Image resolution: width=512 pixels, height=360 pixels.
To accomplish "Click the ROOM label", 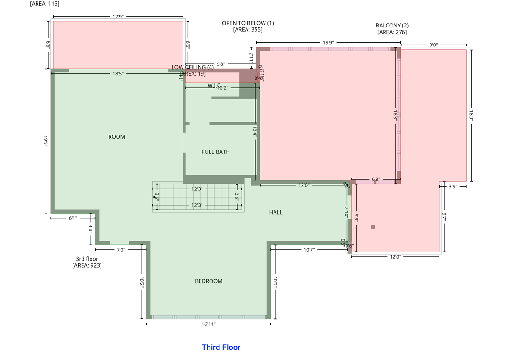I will tap(117, 137).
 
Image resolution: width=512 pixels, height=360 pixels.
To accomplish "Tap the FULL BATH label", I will tap(216, 152).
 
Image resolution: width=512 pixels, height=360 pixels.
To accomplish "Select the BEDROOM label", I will tap(209, 281).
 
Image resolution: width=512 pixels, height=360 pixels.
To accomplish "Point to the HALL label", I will tap(276, 212).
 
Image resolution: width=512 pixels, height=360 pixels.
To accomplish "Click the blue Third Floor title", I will tap(221, 347).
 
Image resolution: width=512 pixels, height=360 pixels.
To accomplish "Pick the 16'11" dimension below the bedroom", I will tap(209, 324).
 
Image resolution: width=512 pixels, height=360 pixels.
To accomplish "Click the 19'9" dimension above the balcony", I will tap(329, 43).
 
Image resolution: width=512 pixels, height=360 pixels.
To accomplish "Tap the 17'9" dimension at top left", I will tap(118, 17).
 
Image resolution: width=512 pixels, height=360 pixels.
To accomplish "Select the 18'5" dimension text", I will tap(118, 74).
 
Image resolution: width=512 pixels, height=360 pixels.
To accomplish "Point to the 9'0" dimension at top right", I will tap(433, 45).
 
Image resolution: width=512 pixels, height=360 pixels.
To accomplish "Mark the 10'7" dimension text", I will tap(309, 249).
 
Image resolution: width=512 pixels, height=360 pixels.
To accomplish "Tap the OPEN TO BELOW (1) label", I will tap(247, 23).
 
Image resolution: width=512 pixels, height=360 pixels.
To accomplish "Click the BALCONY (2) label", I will tap(392, 26).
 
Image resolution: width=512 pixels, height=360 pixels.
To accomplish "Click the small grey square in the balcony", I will tap(373, 227).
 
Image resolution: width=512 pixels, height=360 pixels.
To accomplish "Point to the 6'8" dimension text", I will tap(375, 180).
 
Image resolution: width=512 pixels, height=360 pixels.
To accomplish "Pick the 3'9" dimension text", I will tap(453, 186).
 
